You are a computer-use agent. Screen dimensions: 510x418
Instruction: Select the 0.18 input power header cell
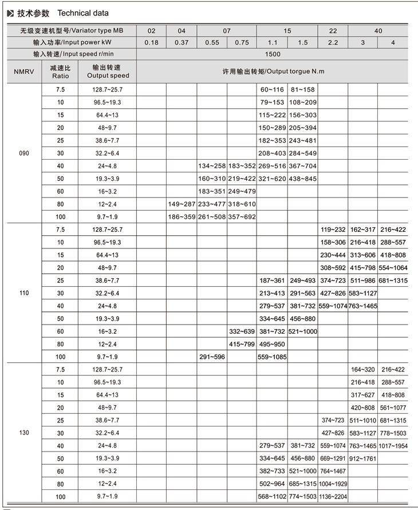pyautogui.click(x=152, y=42)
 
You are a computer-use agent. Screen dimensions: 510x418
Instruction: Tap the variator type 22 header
pyautogui.click(x=333, y=30)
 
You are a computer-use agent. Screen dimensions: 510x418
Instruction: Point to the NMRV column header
pyautogui.click(x=23, y=71)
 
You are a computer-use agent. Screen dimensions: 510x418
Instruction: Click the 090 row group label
pyautogui.click(x=23, y=153)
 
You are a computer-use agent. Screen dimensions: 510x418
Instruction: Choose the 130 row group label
pyautogui.click(x=23, y=432)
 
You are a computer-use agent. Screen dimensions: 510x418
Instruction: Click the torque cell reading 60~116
pyautogui.click(x=272, y=90)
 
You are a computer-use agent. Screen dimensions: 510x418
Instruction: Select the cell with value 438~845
pyautogui.click(x=303, y=178)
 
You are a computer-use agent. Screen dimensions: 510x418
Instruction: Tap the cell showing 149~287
pyautogui.click(x=182, y=204)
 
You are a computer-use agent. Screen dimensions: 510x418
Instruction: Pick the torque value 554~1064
pyautogui.click(x=393, y=267)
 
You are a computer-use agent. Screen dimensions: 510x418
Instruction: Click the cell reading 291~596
pyautogui.click(x=212, y=357)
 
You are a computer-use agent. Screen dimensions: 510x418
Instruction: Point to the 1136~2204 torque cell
pyautogui.click(x=333, y=496)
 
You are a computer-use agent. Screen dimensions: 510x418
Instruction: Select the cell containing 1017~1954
pyautogui.click(x=393, y=445)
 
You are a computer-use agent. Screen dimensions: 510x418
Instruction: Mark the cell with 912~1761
pyautogui.click(x=362, y=458)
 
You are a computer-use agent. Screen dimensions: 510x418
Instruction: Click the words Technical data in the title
pyautogui.click(x=82, y=13)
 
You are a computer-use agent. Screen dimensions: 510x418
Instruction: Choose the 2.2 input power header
pyautogui.click(x=333, y=42)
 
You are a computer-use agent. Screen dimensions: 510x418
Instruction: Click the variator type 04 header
pyautogui.click(x=182, y=30)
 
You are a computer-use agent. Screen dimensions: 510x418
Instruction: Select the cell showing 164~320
pyautogui.click(x=362, y=369)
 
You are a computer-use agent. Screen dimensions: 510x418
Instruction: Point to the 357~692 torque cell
pyautogui.click(x=242, y=217)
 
